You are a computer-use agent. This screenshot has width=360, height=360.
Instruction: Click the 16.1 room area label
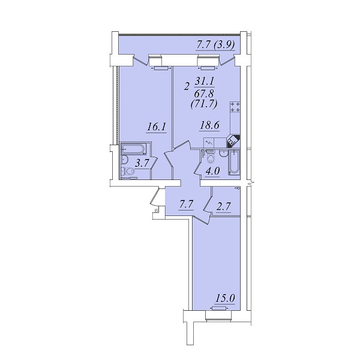click(157, 127)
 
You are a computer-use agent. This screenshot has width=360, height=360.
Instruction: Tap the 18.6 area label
click(209, 125)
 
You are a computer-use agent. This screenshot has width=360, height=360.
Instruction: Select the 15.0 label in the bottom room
click(225, 298)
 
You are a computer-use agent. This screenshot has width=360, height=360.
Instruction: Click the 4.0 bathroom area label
click(212, 171)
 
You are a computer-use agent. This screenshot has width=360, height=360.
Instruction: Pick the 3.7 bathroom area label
click(142, 163)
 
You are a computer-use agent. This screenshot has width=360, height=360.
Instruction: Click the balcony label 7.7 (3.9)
click(216, 45)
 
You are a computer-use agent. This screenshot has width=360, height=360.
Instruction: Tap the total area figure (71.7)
click(204, 104)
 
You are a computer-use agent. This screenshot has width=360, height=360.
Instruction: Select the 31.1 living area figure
click(205, 81)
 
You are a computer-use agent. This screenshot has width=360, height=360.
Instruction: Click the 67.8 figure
click(204, 93)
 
